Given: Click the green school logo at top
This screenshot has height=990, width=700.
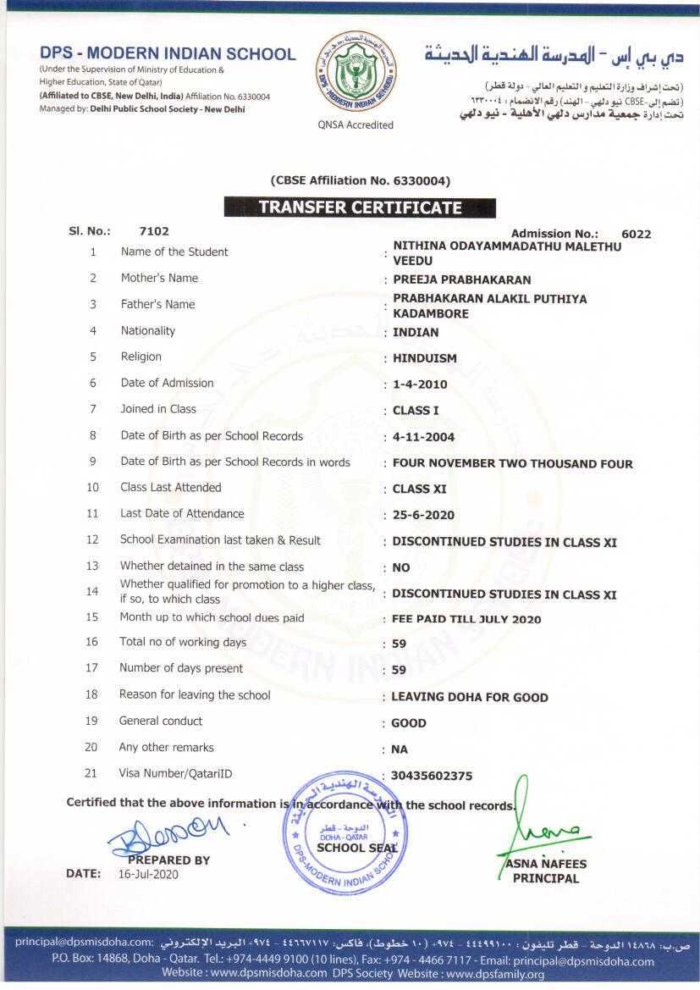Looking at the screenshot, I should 355,71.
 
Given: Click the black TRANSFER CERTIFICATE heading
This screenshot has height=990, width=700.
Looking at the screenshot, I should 360,207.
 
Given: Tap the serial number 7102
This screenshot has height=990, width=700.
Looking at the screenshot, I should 154,231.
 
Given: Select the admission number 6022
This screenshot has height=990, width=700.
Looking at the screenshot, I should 636,235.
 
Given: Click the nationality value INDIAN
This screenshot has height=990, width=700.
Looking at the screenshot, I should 416,332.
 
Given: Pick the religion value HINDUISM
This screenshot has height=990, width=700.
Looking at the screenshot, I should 424,358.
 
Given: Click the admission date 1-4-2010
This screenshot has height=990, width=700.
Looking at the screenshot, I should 420,384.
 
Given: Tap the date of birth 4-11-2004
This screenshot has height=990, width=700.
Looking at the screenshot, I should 423,437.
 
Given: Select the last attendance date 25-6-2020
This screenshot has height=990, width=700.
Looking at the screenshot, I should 423,515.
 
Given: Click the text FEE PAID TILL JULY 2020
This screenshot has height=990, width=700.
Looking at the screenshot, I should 466,619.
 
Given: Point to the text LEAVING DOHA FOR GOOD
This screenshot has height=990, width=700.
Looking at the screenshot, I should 469,697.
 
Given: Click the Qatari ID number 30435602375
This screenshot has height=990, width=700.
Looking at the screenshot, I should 432,776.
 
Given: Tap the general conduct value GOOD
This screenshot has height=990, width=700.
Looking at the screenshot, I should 408,723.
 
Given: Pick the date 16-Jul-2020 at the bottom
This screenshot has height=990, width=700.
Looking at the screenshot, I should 148,874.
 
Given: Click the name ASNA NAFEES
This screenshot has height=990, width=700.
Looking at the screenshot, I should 546,865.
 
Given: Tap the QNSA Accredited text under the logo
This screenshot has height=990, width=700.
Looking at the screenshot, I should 356,125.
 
